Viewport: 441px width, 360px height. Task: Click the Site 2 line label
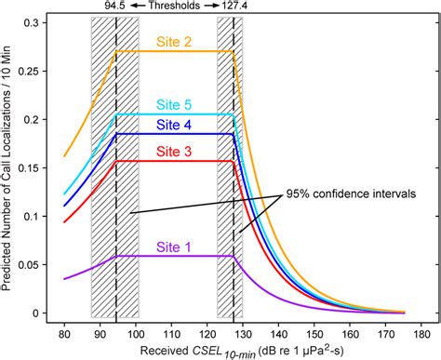click(x=175, y=42)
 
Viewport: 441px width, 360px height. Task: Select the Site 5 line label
click(x=175, y=104)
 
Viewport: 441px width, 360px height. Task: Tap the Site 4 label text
click(x=175, y=121)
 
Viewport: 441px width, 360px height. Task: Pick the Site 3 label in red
click(x=175, y=151)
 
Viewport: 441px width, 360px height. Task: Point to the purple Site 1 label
click(x=175, y=247)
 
